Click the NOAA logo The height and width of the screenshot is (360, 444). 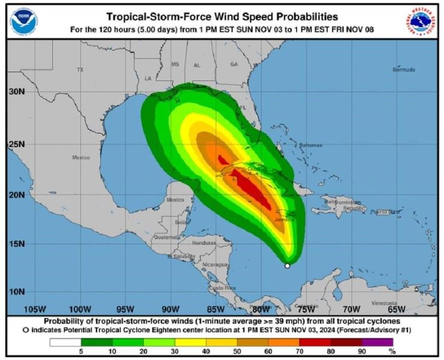point(24,20)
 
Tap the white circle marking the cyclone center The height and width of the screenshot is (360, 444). point(287,265)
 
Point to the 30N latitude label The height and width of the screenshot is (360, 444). point(17,92)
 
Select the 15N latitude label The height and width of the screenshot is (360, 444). point(17,244)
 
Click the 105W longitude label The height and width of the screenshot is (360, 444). point(35,309)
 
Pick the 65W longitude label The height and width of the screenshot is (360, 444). point(396,309)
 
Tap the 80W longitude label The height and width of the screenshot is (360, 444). point(260,309)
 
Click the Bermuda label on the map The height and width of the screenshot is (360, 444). point(403,70)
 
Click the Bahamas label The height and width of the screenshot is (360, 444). point(311,145)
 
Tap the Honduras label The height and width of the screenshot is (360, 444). point(204,244)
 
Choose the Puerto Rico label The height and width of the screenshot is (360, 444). point(384,212)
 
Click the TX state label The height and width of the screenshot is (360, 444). point(80,70)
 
